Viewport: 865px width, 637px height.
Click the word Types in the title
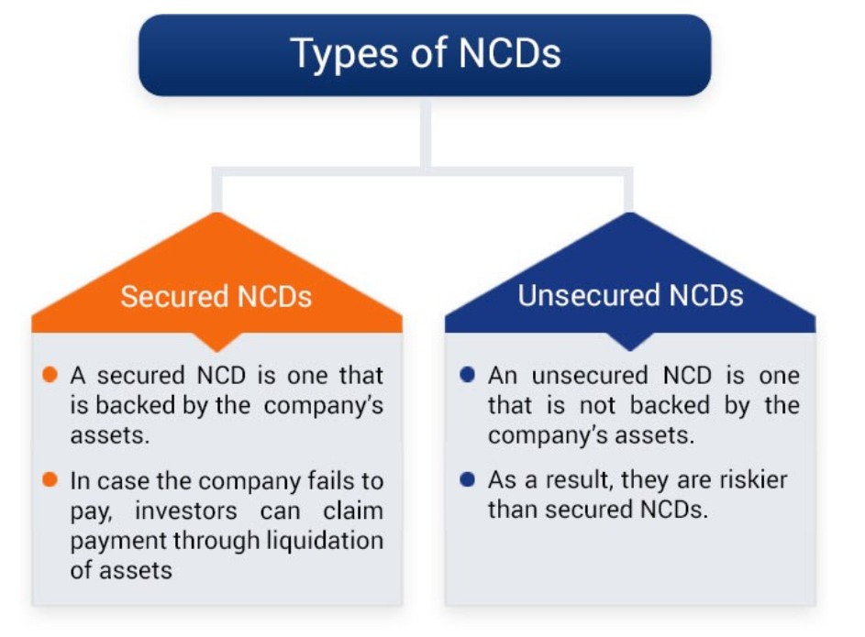tap(344, 54)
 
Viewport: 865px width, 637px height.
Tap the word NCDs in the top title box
tap(510, 53)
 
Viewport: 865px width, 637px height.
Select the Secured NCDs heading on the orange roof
tap(216, 296)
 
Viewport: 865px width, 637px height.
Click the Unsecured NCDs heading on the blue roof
tap(630, 295)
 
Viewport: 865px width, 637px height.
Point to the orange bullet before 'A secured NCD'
tap(50, 375)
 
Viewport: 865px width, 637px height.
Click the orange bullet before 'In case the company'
tap(50, 479)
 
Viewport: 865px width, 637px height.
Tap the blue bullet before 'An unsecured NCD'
tap(467, 375)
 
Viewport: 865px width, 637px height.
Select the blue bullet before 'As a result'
tap(467, 479)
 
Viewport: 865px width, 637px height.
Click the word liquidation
tap(325, 541)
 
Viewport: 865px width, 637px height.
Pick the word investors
tap(186, 511)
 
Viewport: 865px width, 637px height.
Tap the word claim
tap(353, 511)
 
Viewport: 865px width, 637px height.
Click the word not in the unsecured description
tap(597, 406)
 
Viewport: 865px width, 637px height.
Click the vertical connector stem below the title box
tap(426, 132)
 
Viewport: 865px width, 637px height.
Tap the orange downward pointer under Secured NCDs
tap(216, 342)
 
